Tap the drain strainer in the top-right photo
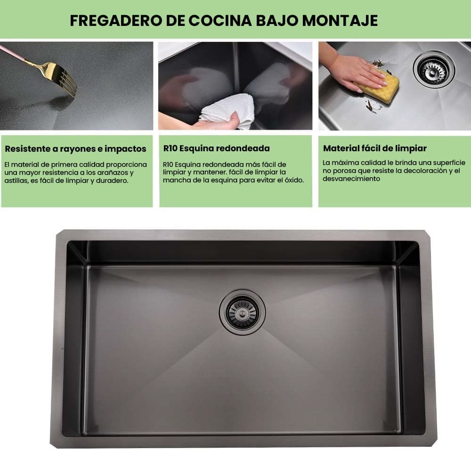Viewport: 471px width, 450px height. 434,69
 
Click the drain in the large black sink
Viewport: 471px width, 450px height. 243,312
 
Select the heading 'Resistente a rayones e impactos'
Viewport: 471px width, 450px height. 75,149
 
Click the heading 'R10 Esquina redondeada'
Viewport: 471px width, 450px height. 216,148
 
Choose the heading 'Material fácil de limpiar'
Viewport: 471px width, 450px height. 374,148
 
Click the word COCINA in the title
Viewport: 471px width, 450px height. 220,20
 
